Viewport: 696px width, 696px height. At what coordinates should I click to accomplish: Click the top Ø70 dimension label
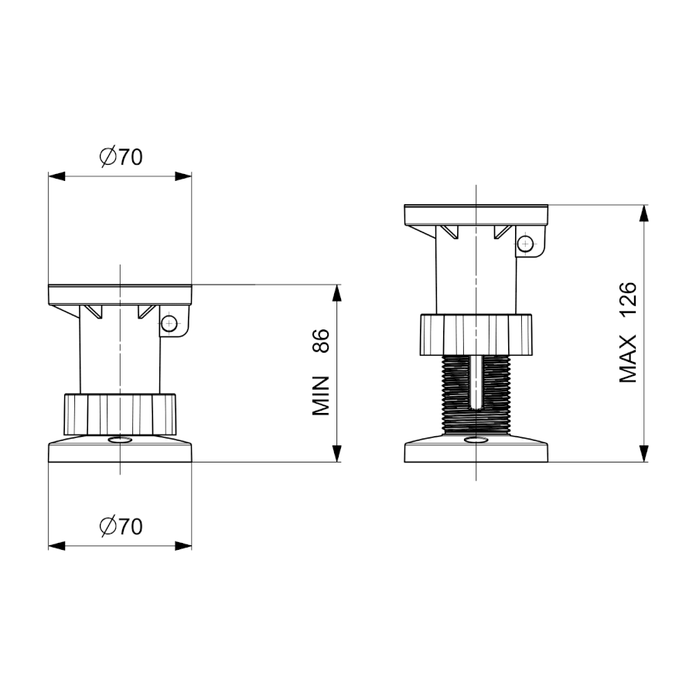(x=121, y=157)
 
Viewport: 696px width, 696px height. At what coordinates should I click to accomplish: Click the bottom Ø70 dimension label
(x=121, y=527)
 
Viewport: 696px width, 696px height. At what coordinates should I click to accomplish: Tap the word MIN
(x=320, y=396)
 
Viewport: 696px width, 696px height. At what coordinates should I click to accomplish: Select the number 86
(x=320, y=341)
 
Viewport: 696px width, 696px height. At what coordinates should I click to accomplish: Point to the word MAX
(x=628, y=359)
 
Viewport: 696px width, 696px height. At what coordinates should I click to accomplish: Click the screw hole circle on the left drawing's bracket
(x=169, y=323)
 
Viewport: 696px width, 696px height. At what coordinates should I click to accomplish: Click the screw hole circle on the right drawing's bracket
(x=526, y=244)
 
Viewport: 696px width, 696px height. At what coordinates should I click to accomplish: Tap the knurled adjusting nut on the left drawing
(x=120, y=415)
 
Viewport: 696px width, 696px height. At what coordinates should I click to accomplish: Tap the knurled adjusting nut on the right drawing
(x=476, y=334)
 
